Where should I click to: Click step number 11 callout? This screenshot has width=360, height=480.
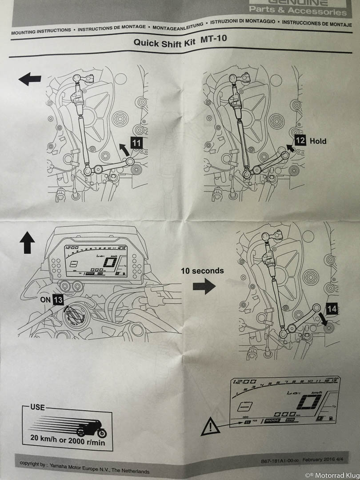point(136,143)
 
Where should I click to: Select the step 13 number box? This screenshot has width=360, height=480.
point(58,300)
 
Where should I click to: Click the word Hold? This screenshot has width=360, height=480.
point(318,141)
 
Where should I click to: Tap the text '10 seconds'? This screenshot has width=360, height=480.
point(202,270)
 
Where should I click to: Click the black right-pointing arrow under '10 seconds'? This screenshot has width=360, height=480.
point(204,287)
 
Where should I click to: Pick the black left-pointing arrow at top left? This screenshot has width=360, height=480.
point(30,80)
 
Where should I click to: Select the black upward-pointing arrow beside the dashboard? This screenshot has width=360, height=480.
point(28,244)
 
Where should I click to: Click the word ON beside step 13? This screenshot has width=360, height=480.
point(45,300)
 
